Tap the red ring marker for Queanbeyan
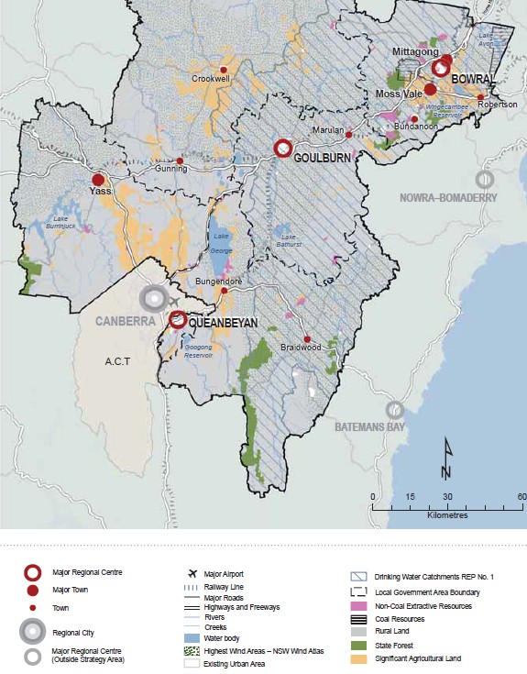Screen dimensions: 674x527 (x=178, y=320)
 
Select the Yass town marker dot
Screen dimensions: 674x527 (x=97, y=180)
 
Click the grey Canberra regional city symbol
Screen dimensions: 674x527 (x=154, y=298)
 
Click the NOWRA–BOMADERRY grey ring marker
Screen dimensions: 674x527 (x=484, y=179)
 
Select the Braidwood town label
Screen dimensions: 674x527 (x=307, y=348)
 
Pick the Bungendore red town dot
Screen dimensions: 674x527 (x=225, y=290)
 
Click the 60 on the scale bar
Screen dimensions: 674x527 (x=521, y=496)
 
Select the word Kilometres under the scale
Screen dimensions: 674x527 (x=447, y=515)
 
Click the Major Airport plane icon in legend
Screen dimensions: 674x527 (x=189, y=574)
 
